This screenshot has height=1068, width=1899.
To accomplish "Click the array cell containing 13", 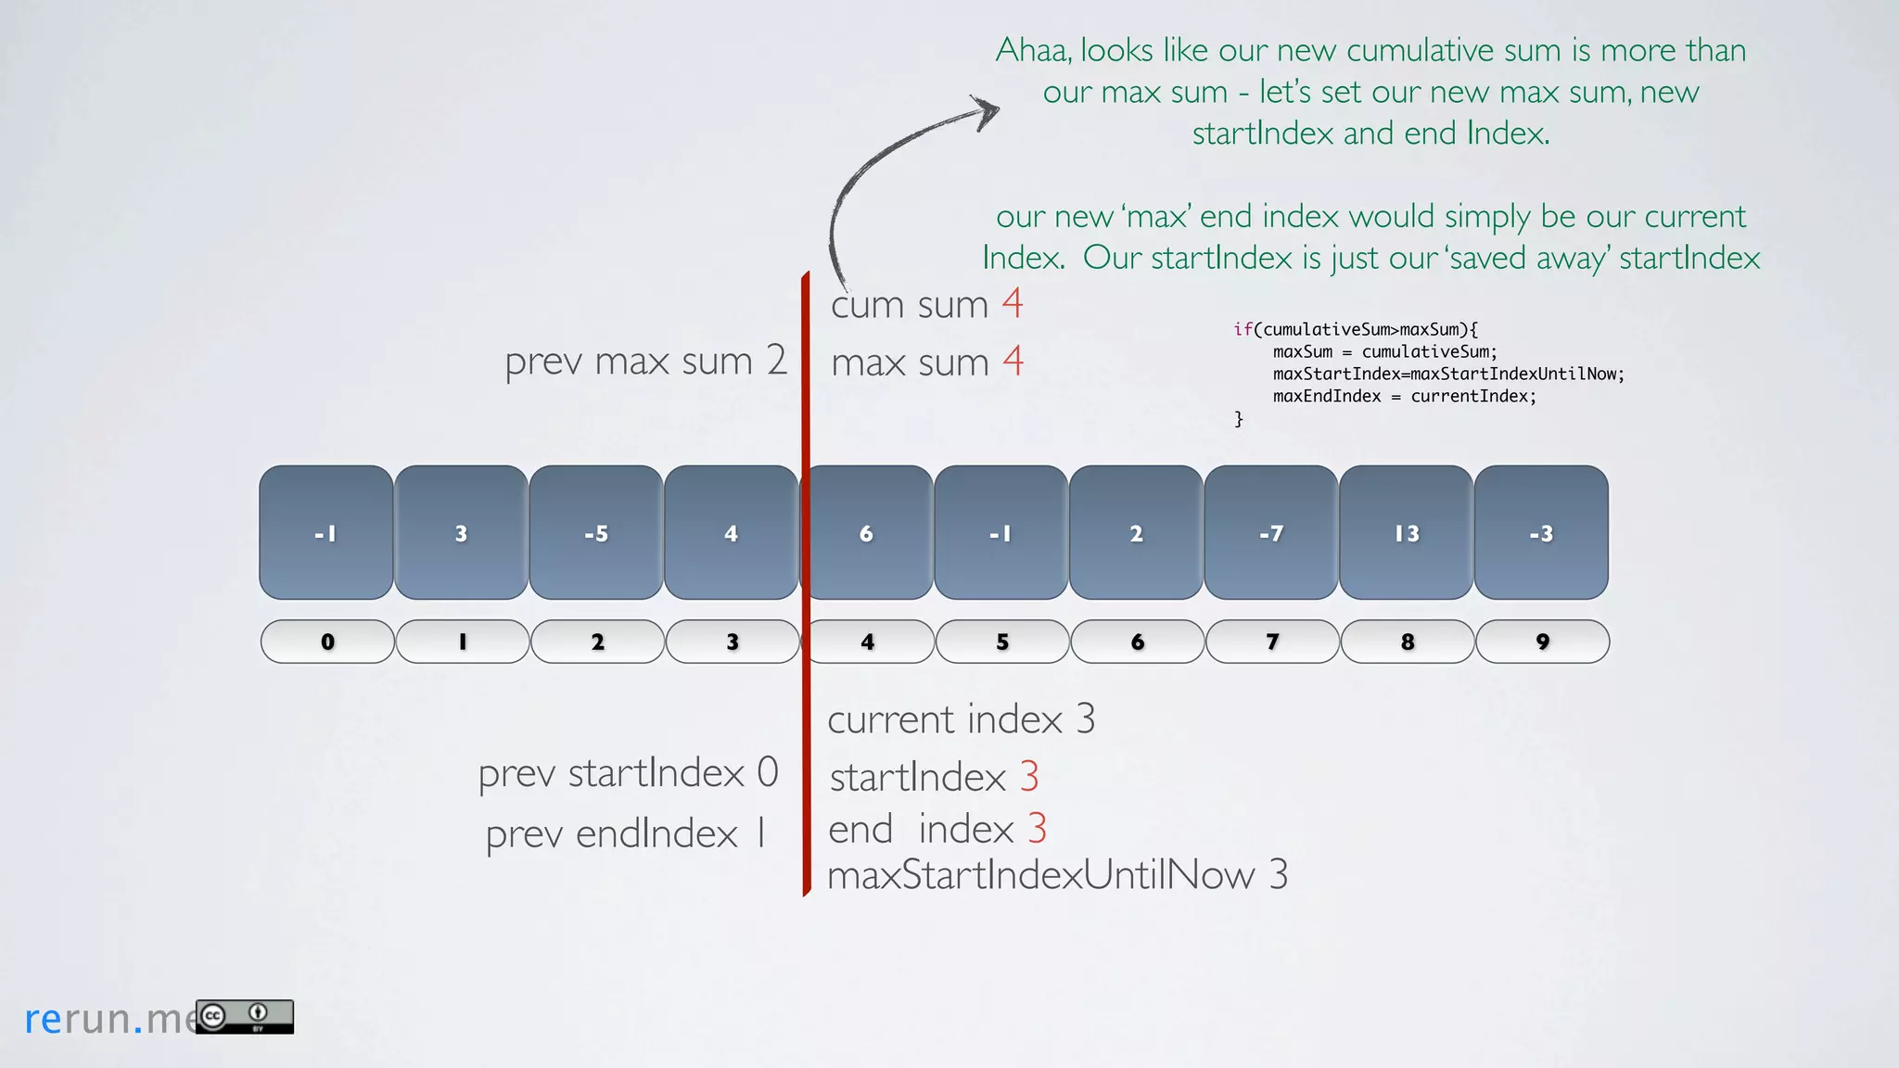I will (1406, 533).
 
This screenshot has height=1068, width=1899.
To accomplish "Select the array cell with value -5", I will (596, 533).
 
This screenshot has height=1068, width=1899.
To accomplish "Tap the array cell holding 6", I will (867, 533).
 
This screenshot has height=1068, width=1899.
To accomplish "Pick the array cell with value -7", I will (1271, 533).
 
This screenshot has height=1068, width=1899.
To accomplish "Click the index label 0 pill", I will (327, 642).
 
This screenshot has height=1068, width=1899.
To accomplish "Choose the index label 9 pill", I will (1542, 642).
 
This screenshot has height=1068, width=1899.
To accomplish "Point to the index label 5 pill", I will (1002, 642).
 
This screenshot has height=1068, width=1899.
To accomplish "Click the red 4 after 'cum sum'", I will (1013, 303).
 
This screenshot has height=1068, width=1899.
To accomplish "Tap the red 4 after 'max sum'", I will (1013, 361).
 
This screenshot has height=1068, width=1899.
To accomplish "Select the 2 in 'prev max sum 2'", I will (777, 360).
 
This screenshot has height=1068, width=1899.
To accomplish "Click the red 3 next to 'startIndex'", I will (1029, 777).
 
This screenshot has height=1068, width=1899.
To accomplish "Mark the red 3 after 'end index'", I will (1037, 828).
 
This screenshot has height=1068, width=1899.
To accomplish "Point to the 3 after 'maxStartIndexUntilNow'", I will (1279, 874).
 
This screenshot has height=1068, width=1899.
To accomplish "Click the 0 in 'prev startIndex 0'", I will (768, 772).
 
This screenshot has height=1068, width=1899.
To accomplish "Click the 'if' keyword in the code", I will (1243, 329).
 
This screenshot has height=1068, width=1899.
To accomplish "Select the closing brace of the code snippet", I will (1239, 419).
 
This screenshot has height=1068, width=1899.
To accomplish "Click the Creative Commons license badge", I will (245, 1016).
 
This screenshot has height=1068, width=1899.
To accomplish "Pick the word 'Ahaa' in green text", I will (1033, 50).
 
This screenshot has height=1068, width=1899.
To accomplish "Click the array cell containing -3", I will (1541, 533).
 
